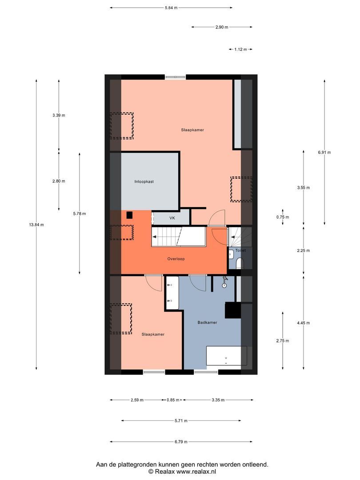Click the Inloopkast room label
tap(144, 182)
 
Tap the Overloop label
tap(176, 259)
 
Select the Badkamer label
tap(207, 323)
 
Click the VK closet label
tap(172, 218)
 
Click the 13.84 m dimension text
tap(36, 225)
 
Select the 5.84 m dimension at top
tap(171, 8)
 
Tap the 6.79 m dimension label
tap(180, 442)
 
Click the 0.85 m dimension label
tap(173, 400)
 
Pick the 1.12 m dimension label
tap(240, 49)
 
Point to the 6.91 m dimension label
tap(324, 152)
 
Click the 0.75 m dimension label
tap(283, 217)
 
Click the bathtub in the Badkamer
tap(226, 356)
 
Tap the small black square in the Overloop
tap(130, 215)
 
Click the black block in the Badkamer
tap(232, 310)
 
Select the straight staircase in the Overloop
tap(179, 236)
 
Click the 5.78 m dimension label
tap(80, 214)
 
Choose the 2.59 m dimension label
tap(137, 400)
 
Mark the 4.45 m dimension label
tap(304, 323)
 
